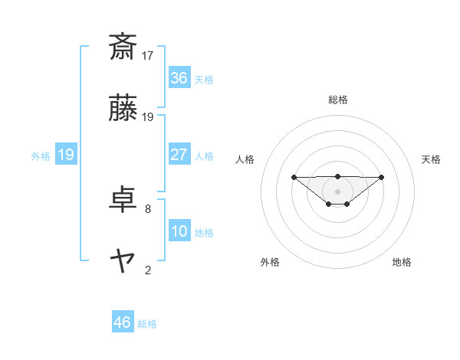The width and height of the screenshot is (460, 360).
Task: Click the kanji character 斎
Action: click(x=123, y=47)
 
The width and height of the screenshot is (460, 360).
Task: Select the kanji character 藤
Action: click(x=123, y=110)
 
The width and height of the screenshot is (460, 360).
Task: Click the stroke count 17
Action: click(x=148, y=55)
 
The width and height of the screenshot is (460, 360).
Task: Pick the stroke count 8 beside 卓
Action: click(x=148, y=208)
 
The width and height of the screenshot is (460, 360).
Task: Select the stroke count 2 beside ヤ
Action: click(x=148, y=270)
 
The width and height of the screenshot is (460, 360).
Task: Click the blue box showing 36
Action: click(x=179, y=78)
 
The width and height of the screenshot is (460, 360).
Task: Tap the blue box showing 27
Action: click(x=179, y=155)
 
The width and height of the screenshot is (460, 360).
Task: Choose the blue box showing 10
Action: click(x=179, y=231)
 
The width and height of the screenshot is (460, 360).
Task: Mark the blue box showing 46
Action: click(x=123, y=322)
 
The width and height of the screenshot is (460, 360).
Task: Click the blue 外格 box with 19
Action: click(x=65, y=155)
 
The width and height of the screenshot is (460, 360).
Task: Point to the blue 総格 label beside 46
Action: click(x=147, y=324)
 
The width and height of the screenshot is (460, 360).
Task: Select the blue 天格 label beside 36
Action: click(x=204, y=80)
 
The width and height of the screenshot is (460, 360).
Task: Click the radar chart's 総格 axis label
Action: click(x=338, y=100)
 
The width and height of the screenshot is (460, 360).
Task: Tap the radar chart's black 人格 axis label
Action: click(x=246, y=159)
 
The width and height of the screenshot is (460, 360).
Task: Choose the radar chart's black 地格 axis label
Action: click(x=402, y=262)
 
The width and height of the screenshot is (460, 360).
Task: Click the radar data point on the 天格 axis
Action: click(x=382, y=177)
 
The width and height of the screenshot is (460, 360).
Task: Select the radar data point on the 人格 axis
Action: click(x=294, y=177)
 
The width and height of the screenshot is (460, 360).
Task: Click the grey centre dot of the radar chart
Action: click(x=338, y=191)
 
